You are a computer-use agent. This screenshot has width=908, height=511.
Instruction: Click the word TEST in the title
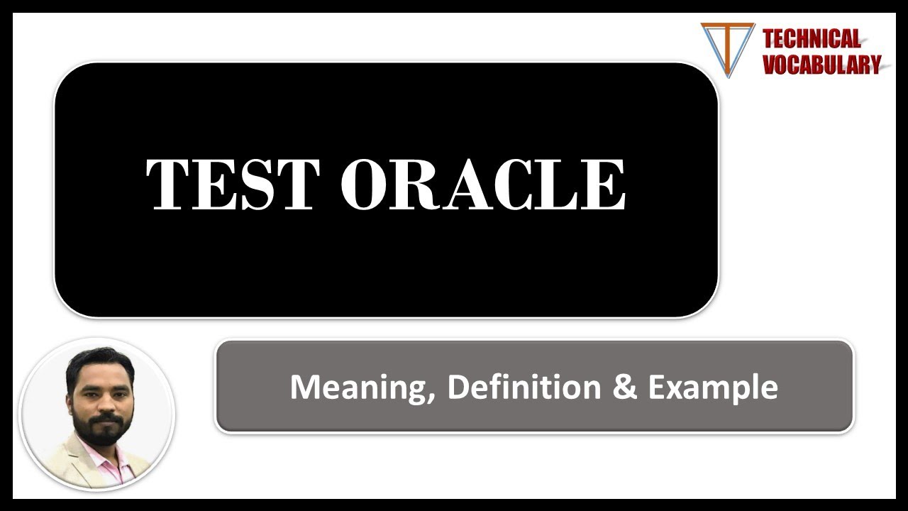pos(233,185)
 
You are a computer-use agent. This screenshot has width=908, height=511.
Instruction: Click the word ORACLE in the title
pos(484,185)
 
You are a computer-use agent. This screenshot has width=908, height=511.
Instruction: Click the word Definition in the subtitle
pos(524,387)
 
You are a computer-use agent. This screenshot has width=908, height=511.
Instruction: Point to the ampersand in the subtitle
pos(625,387)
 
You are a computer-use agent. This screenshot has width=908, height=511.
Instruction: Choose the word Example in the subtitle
pos(713,388)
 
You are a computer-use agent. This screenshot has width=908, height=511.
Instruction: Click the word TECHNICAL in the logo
pos(812,38)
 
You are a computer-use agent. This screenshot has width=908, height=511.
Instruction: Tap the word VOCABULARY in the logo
pos(821,64)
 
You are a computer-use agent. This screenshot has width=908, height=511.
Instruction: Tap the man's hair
pos(100,363)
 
